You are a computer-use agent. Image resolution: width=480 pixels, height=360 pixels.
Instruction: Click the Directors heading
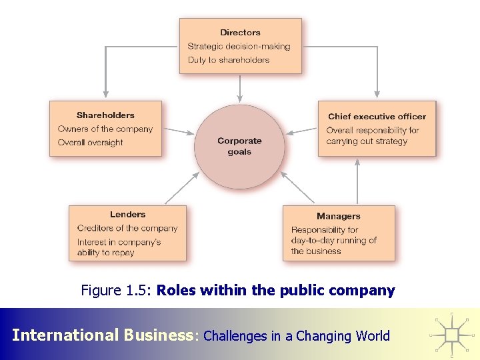pyautogui.click(x=240, y=33)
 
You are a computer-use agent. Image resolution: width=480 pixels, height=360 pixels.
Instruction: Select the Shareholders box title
pyautogui.click(x=105, y=115)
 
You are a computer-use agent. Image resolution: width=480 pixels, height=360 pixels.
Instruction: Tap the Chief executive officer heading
pyautogui.click(x=377, y=117)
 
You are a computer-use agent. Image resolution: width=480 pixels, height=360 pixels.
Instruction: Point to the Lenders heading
pyautogui.click(x=127, y=215)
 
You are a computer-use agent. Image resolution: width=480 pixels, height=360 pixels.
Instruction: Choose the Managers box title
pyautogui.click(x=338, y=217)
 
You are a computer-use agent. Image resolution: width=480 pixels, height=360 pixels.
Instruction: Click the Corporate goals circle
pyautogui.click(x=239, y=147)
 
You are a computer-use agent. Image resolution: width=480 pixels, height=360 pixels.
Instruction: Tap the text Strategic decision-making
pyautogui.click(x=239, y=47)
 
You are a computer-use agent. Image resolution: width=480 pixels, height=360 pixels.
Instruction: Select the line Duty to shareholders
pyautogui.click(x=228, y=60)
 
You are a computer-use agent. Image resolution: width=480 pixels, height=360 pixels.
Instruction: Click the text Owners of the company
pyautogui.click(x=105, y=129)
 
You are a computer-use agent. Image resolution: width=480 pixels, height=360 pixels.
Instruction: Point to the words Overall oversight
pyautogui.click(x=90, y=143)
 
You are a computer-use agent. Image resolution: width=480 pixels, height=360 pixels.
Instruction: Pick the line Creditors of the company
pyautogui.click(x=127, y=229)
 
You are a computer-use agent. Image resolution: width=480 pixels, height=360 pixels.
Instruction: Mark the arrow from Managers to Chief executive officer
pyautogui.click(x=358, y=181)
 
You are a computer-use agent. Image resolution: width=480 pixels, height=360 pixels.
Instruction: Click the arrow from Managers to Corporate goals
pyautogui.click(x=297, y=187)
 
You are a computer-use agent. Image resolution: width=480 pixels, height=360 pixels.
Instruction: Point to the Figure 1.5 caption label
pyautogui.click(x=117, y=291)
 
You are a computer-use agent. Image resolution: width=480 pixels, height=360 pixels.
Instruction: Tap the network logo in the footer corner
pyautogui.click(x=452, y=333)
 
